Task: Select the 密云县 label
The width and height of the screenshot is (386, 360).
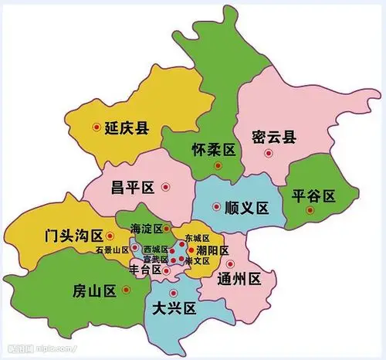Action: point(275,138)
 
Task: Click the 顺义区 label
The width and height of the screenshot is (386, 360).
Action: point(245,208)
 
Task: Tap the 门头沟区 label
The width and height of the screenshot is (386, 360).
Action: point(75,235)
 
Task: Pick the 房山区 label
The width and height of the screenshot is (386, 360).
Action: point(94,290)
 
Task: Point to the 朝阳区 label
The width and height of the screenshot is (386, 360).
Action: point(213,251)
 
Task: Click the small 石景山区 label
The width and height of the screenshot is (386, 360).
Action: point(112,250)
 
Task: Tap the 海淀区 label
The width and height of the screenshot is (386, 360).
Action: point(146,229)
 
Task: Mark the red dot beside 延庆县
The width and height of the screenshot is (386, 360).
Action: point(96,127)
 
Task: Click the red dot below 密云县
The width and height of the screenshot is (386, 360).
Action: point(269,153)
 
